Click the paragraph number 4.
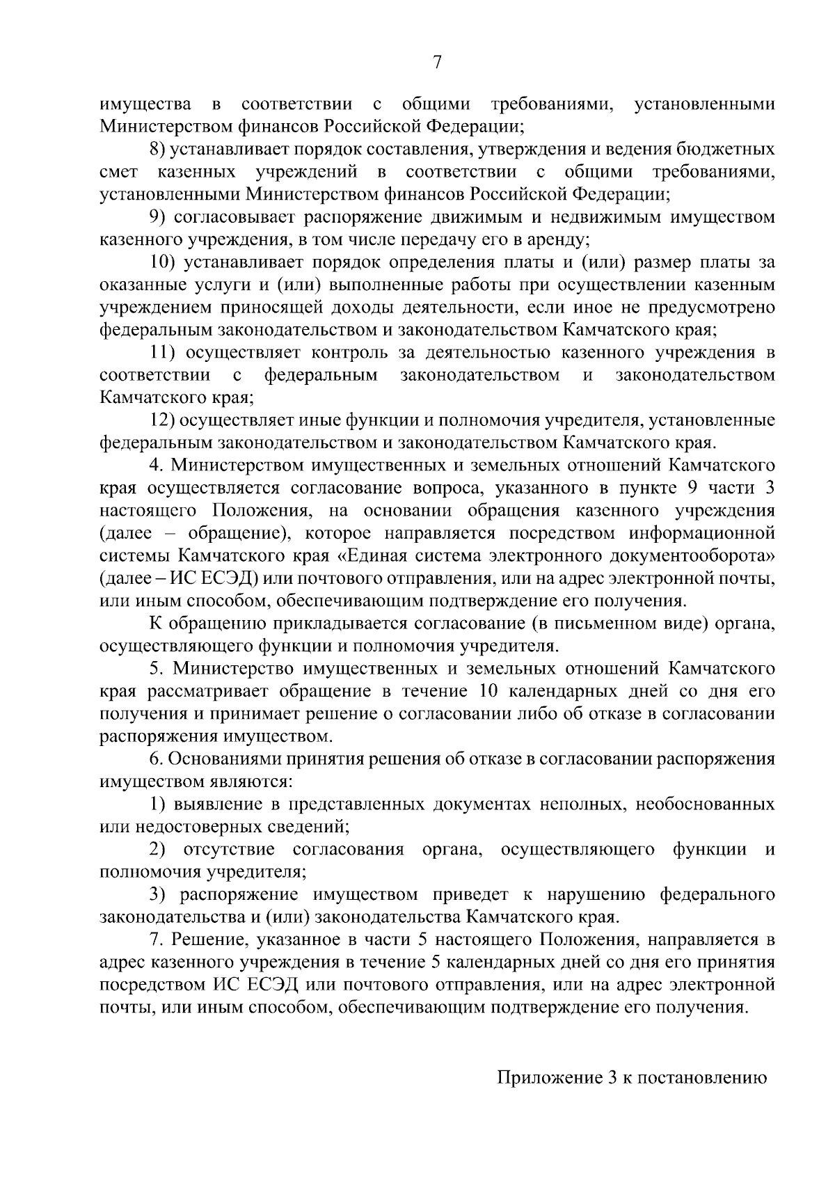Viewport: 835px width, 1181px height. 157,466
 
